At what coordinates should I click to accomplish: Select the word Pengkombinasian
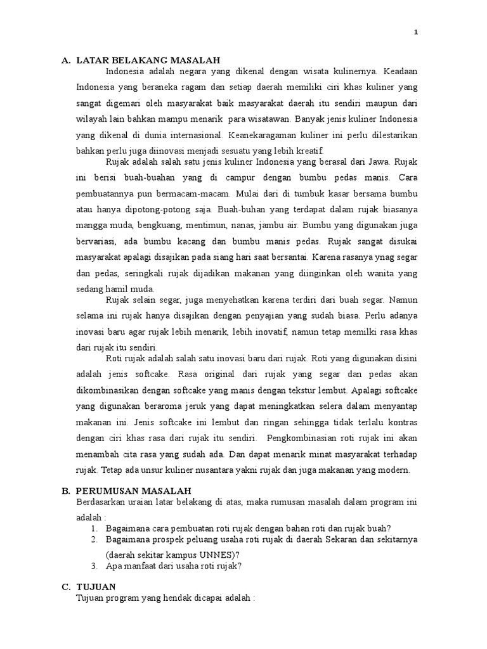point(308,438)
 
